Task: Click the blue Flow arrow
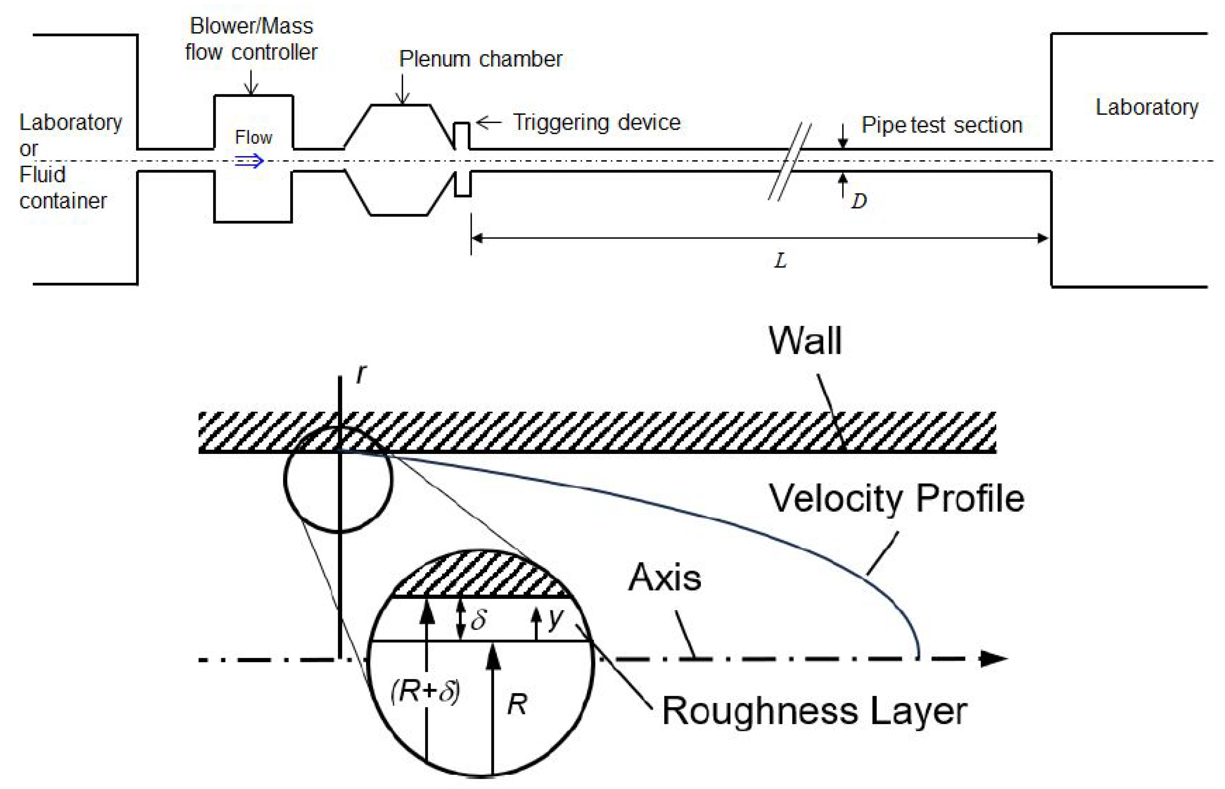click(x=249, y=161)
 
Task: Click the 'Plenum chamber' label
click(x=480, y=59)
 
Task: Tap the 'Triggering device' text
click(x=597, y=123)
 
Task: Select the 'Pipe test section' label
click(x=941, y=125)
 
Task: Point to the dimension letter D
click(x=859, y=201)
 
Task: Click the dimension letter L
click(x=780, y=261)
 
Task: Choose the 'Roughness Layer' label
click(x=814, y=711)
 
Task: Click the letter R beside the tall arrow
click(x=517, y=705)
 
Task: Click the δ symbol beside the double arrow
click(x=478, y=620)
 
